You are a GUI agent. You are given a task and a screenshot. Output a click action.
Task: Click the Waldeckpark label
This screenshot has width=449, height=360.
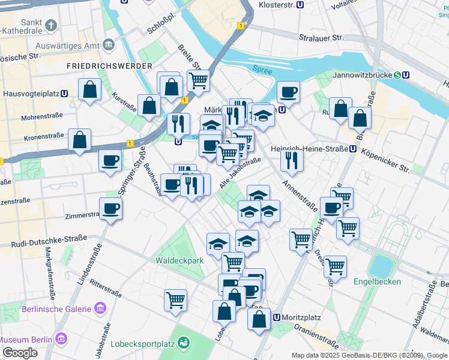point(179,260)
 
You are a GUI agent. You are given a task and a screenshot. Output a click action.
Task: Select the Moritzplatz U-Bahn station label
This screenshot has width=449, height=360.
point(297,317)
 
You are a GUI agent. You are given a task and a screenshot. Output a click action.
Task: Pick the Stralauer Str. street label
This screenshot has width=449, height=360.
point(322,37)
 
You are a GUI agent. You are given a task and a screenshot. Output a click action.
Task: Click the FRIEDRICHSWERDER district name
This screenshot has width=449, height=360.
point(109,65)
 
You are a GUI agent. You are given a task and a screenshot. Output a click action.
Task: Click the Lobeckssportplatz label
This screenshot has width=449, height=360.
point(142,344)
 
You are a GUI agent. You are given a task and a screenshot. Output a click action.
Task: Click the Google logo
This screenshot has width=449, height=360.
point(19,352)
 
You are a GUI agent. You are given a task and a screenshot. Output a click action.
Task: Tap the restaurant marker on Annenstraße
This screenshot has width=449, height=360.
point(292,159)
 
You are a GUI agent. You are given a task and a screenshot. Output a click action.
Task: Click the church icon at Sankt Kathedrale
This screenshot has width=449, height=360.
point(51,25)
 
